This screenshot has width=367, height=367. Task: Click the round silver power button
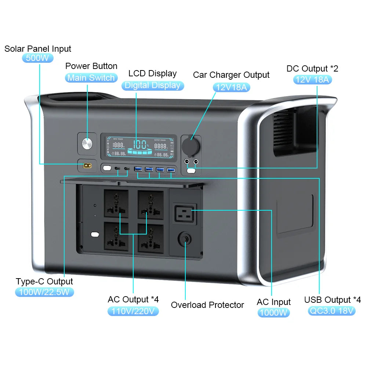(x=88, y=143)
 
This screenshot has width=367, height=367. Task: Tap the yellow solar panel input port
(x=87, y=166)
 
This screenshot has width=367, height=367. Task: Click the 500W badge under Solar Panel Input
(x=38, y=58)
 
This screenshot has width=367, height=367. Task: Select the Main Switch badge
(x=91, y=78)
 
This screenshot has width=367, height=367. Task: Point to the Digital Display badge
(x=152, y=86)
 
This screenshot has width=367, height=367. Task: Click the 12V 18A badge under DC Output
(x=312, y=79)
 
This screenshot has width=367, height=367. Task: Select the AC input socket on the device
(x=185, y=214)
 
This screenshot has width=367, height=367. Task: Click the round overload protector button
(x=185, y=240)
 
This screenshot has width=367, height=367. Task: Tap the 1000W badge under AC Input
(x=273, y=313)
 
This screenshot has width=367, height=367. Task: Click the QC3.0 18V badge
(x=332, y=311)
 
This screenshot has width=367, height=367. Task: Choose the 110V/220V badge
(x=133, y=311)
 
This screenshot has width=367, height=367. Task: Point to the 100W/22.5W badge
(x=44, y=292)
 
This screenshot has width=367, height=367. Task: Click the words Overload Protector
(x=207, y=305)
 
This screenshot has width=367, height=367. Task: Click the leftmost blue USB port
(x=138, y=169)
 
